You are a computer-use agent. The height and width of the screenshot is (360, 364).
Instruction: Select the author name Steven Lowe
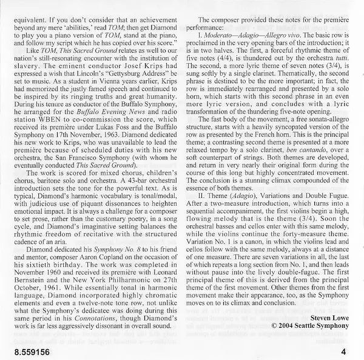pyautogui.click(x=328, y=317)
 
